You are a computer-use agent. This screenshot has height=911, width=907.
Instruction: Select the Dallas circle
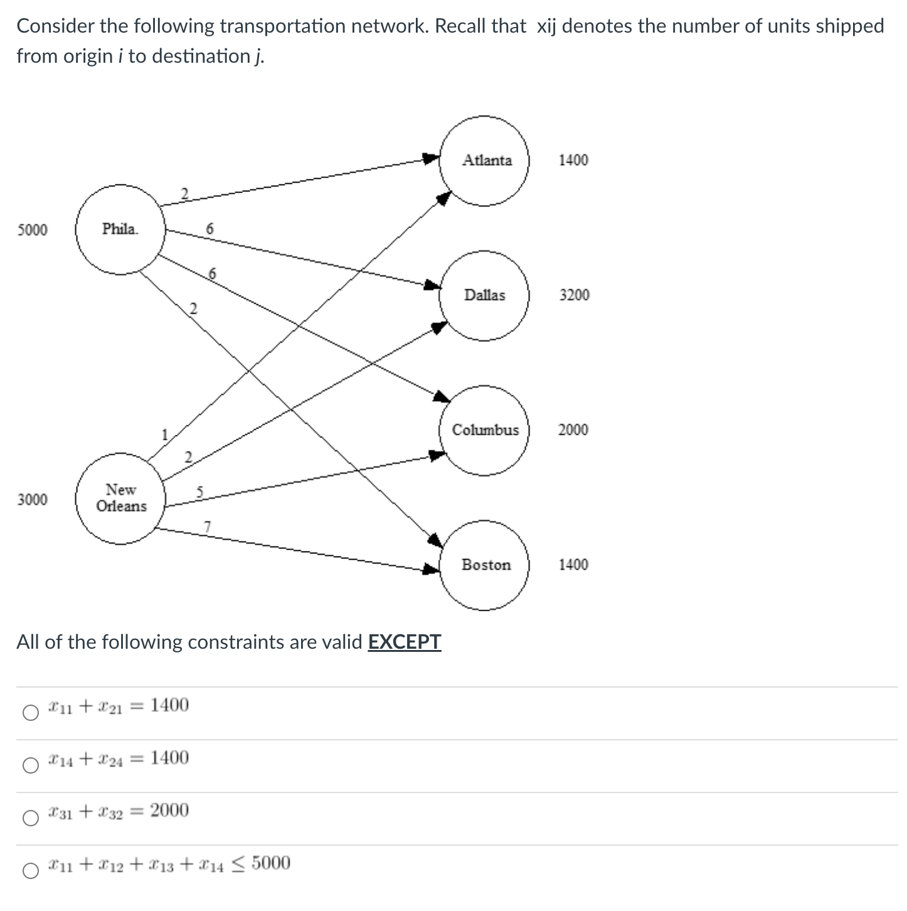pyautogui.click(x=484, y=296)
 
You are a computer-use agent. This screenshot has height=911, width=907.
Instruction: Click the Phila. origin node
pyautogui.click(x=120, y=230)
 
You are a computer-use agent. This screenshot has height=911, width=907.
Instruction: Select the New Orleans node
pyautogui.click(x=120, y=498)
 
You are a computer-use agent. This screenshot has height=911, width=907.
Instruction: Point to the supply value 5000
pyautogui.click(x=32, y=230)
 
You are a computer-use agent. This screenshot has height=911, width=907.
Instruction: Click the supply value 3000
pyautogui.click(x=32, y=499)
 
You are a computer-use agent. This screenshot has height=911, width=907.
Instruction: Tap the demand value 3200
pyautogui.click(x=574, y=295)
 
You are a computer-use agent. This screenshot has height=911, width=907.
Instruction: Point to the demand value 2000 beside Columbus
pyautogui.click(x=573, y=430)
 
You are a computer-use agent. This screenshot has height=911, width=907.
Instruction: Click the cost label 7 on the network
pyautogui.click(x=208, y=526)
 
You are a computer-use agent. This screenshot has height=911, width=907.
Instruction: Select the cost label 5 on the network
pyautogui.click(x=199, y=491)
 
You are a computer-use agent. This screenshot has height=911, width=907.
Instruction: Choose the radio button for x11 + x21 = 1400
pyautogui.click(x=30, y=713)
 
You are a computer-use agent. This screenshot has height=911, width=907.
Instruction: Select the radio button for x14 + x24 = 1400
pyautogui.click(x=30, y=765)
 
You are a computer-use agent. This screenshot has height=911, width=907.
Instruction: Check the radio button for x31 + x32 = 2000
pyautogui.click(x=30, y=818)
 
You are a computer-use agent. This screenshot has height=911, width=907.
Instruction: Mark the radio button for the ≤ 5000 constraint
pyautogui.click(x=30, y=871)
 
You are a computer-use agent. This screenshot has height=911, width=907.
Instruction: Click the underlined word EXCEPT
pyautogui.click(x=404, y=642)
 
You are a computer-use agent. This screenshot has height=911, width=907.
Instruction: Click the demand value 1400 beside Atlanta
pyautogui.click(x=573, y=160)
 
